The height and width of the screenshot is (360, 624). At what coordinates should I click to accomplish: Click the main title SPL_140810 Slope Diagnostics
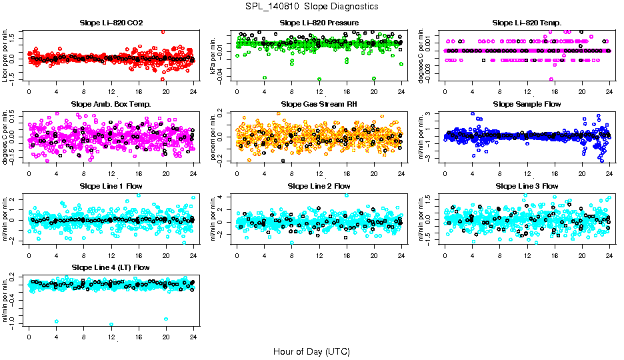[311, 7]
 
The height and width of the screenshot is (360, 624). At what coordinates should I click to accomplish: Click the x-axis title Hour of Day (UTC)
[311, 351]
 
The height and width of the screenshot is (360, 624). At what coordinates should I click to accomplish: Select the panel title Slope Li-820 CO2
[111, 23]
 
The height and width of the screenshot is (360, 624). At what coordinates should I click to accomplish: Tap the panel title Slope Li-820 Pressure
[319, 23]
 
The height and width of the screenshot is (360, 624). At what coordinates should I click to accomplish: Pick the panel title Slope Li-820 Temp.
[527, 23]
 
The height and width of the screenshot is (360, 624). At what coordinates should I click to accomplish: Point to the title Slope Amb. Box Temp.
[111, 105]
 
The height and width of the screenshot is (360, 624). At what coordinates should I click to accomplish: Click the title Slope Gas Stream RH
[319, 105]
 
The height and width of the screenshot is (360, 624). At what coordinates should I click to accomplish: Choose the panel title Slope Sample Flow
[527, 105]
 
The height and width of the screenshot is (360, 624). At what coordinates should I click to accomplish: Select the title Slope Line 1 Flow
[111, 186]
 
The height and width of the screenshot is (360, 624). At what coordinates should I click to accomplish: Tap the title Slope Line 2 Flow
[319, 186]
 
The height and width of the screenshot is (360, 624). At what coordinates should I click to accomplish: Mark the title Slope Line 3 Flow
[527, 186]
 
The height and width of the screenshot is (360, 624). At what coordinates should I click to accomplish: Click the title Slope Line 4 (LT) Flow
[111, 267]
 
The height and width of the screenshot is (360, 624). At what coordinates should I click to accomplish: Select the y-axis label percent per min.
[214, 137]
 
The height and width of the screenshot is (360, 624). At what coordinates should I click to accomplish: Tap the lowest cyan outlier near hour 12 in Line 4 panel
[111, 325]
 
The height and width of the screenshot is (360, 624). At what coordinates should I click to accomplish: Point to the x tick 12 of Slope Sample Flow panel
[527, 172]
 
